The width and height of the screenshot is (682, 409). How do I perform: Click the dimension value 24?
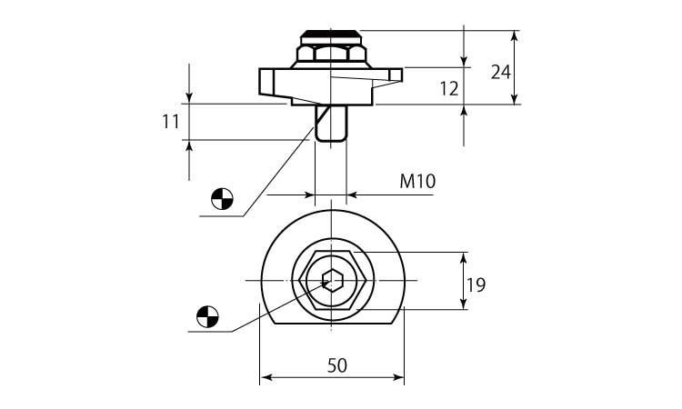501,72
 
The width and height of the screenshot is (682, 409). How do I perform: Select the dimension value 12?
449,89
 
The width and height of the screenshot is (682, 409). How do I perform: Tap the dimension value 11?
171,122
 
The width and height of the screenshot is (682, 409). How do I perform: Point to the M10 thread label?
417,181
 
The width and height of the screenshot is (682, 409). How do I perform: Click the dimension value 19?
476,285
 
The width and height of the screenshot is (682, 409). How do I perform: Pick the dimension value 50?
337,365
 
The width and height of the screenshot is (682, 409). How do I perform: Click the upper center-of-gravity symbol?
222,200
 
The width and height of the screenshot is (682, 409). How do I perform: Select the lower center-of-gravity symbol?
207,316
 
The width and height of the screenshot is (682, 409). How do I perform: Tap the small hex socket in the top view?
331,280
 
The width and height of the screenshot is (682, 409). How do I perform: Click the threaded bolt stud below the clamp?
331,124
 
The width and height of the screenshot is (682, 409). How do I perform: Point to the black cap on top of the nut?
331,33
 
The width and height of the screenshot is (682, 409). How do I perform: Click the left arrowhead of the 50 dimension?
266,377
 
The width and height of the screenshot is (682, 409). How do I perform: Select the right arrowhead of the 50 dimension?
399,377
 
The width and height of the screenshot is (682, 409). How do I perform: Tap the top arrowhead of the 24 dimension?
515,35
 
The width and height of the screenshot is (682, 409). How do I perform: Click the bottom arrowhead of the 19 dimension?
464,304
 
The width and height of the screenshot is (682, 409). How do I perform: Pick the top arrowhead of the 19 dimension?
464,258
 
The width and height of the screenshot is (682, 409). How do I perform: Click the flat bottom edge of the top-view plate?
334,324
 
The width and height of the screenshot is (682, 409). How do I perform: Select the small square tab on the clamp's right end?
396,75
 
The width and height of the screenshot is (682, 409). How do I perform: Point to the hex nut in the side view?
331,54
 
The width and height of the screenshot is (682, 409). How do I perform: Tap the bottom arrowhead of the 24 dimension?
515,99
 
